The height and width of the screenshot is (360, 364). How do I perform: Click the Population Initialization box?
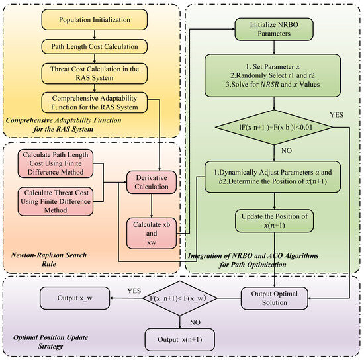[94, 20]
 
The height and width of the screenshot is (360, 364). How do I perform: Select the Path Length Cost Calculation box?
[94, 46]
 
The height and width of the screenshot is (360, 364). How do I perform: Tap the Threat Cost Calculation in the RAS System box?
[94, 73]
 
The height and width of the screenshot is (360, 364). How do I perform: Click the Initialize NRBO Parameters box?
[274, 29]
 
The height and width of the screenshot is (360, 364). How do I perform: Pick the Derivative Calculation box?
[152, 182]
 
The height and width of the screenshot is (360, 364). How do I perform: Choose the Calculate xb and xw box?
[152, 233]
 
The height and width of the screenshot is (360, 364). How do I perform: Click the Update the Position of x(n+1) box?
[275, 221]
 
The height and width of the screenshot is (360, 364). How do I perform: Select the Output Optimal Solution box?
[275, 298]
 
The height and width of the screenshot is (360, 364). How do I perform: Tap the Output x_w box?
[75, 298]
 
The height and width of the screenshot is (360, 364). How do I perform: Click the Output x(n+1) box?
[179, 339]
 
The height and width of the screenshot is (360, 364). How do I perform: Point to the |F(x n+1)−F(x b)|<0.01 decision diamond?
[274, 127]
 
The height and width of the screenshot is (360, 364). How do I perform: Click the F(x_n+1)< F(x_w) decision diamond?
[179, 298]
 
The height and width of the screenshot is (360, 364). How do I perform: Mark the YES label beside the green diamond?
[336, 115]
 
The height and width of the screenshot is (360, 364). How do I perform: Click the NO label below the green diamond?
[287, 151]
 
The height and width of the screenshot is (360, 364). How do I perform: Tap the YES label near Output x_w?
[134, 291]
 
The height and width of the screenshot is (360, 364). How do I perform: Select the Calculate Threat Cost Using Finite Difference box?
[56, 201]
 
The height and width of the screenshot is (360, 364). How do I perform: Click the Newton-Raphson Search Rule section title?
[49, 259]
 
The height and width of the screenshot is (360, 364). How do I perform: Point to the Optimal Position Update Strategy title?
[50, 342]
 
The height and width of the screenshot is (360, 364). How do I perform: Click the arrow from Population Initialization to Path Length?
[95, 35]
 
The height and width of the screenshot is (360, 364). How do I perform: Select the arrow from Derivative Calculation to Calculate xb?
[152, 206]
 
